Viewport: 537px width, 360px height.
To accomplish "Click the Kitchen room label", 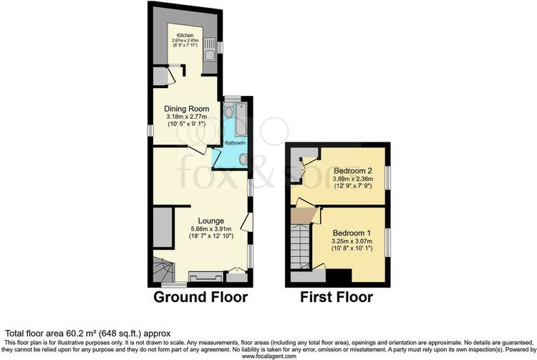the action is (x=185, y=35).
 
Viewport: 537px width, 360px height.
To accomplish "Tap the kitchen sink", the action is (x=209, y=49).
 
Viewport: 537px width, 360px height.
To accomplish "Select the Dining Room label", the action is (x=187, y=109).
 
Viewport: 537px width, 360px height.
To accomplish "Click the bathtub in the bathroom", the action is (x=241, y=120).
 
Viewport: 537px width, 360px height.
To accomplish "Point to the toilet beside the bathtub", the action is (x=229, y=110).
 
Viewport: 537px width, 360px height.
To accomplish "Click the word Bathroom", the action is (x=236, y=142).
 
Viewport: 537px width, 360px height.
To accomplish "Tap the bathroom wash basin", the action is (x=243, y=159).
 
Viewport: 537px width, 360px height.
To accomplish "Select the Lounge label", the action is (x=211, y=221).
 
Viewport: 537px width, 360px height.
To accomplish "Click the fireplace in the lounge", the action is (x=205, y=276).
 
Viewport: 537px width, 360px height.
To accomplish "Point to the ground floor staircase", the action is (x=163, y=271).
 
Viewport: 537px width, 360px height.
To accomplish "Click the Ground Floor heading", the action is (x=200, y=297).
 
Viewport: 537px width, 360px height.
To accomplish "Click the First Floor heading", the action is (x=337, y=297).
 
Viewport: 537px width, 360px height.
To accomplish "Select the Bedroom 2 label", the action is (x=353, y=170).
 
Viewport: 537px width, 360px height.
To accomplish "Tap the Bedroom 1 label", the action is (x=352, y=233).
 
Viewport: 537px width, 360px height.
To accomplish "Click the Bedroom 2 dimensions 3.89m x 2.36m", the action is (x=353, y=179).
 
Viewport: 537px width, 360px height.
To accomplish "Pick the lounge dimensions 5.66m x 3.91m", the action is (x=211, y=228).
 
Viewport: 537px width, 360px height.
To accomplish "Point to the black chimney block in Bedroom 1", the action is (x=339, y=276).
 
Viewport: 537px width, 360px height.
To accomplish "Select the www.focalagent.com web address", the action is (x=268, y=356).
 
